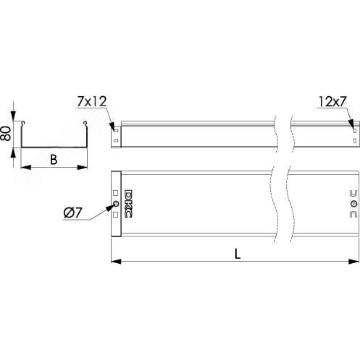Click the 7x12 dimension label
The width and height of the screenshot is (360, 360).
(92, 102)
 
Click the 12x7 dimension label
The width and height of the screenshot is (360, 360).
(332, 102)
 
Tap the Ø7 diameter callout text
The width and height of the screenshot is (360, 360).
(72, 213)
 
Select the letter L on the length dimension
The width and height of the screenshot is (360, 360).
(238, 254)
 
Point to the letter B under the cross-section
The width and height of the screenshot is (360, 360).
(54, 160)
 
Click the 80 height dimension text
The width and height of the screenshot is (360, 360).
(6, 134)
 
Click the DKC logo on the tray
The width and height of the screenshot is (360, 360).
(128, 203)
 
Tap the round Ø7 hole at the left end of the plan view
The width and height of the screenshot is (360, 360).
(116, 204)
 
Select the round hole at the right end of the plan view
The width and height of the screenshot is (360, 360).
(354, 204)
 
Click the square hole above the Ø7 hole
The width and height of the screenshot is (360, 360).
(116, 193)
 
